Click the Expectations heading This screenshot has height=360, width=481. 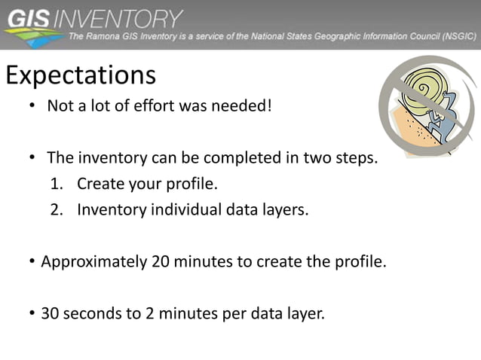81,75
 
